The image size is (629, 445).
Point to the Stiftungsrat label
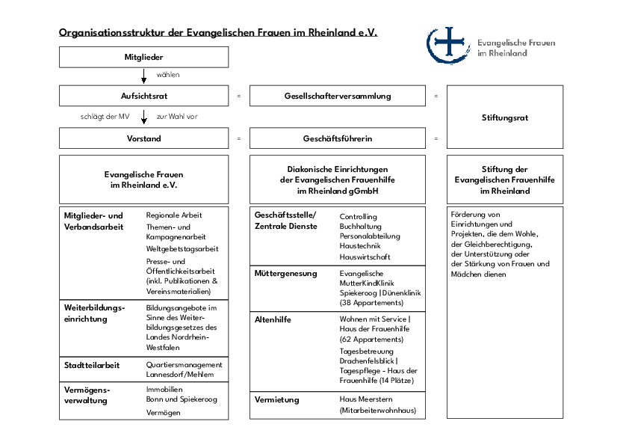(x=505, y=117)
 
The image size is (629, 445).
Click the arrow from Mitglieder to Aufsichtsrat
(x=143, y=76)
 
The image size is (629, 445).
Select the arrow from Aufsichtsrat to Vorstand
(x=143, y=117)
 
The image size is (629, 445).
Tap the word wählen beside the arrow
(x=168, y=75)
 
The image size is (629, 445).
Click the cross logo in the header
(x=448, y=45)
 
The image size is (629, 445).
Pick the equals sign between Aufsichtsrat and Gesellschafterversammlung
(x=239, y=96)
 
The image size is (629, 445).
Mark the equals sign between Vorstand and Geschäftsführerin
(x=239, y=138)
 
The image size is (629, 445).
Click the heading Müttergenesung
(x=285, y=274)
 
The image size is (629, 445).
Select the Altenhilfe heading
(x=273, y=319)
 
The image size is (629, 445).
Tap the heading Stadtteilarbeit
(x=92, y=365)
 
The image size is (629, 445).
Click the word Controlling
(x=359, y=217)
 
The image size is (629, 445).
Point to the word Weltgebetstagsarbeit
(x=182, y=249)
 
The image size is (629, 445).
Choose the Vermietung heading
(x=277, y=399)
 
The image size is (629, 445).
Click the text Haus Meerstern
(x=366, y=399)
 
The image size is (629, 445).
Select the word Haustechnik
(x=360, y=246)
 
